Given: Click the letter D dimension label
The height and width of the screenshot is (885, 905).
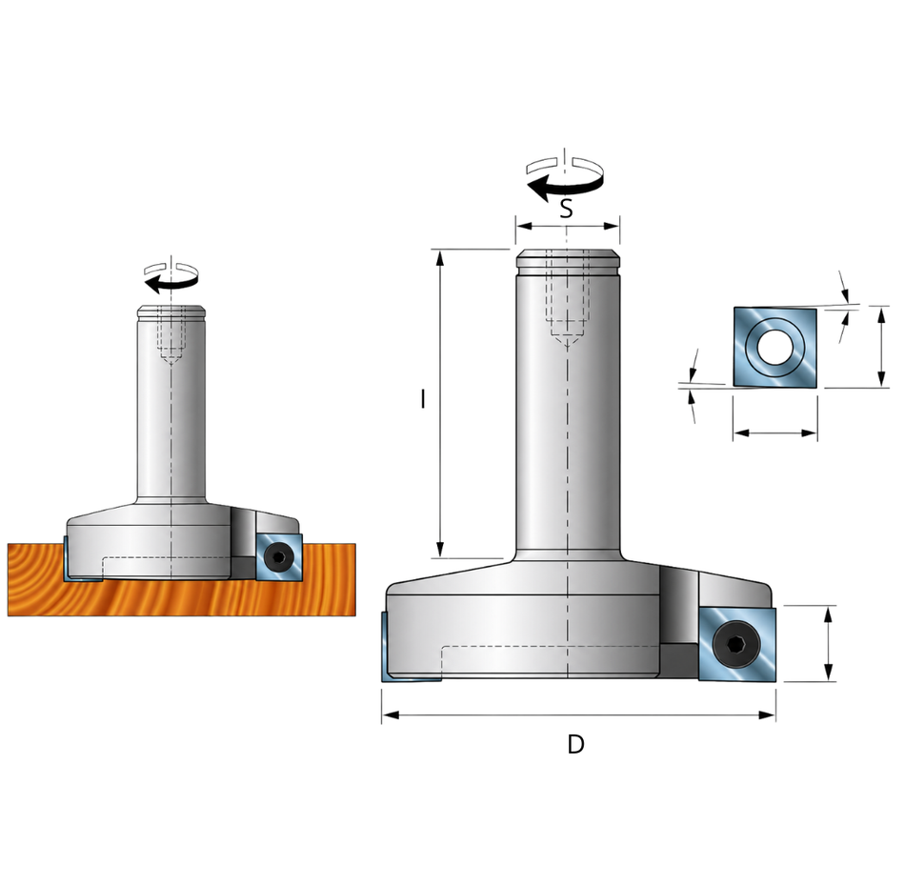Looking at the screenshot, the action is click(x=575, y=744).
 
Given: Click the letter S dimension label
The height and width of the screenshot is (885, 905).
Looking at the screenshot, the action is click(x=566, y=208).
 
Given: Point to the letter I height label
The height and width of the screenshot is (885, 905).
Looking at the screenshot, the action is click(x=423, y=398).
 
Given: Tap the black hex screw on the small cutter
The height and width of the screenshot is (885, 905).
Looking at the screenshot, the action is click(x=279, y=557).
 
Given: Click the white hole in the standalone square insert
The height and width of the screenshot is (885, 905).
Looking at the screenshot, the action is click(x=774, y=347).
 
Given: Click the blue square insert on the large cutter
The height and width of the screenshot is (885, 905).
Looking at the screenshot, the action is click(x=737, y=644).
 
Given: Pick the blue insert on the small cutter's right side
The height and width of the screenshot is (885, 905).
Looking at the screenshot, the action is click(x=279, y=557).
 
